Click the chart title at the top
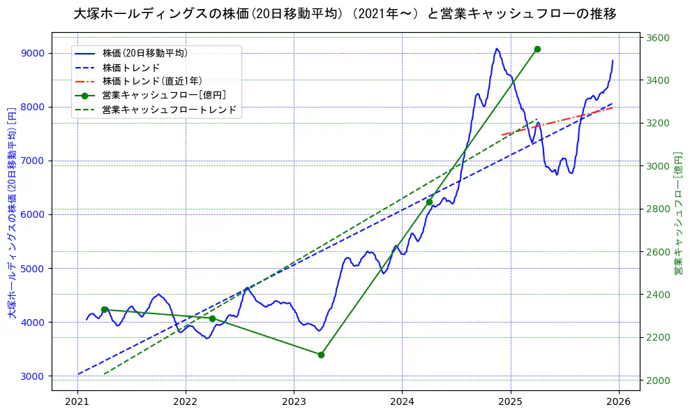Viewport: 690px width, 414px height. tap(345, 14)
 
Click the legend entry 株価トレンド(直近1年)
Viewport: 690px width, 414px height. tap(152, 81)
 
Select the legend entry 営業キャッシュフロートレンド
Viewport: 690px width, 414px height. tap(170, 110)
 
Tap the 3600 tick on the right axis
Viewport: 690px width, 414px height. tap(659, 38)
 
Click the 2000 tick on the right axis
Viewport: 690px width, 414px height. tap(659, 380)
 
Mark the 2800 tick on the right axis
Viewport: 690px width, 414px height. tap(659, 209)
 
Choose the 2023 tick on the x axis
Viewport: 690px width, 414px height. tap(294, 402)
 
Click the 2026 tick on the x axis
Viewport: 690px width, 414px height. tap(619, 402)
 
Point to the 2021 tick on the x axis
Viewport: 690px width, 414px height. tap(77, 402)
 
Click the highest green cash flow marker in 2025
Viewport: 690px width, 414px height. tap(537, 49)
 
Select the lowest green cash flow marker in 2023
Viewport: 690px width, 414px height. tap(321, 355)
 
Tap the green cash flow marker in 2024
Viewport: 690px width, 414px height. tap(429, 202)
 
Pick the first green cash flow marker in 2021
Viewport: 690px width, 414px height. tap(104, 309)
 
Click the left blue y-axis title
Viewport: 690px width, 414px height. tap(12, 212)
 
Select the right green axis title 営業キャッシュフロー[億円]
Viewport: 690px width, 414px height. tap(677, 212)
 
